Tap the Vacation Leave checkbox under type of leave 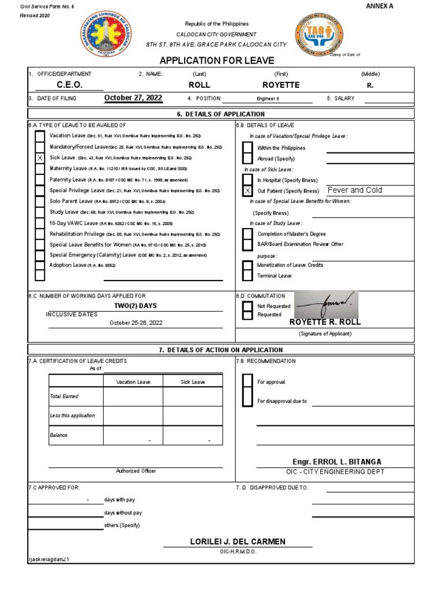(39, 136)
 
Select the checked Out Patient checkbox (247, 191)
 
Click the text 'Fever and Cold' (354, 190)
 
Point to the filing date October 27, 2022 (133, 98)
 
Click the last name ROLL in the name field (200, 85)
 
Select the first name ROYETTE (281, 85)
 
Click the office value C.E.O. (69, 85)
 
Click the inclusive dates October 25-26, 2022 (136, 323)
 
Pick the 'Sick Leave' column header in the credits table (192, 382)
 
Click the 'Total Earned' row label (64, 397)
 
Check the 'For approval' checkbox (247, 381)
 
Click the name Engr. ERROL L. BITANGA (337, 462)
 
